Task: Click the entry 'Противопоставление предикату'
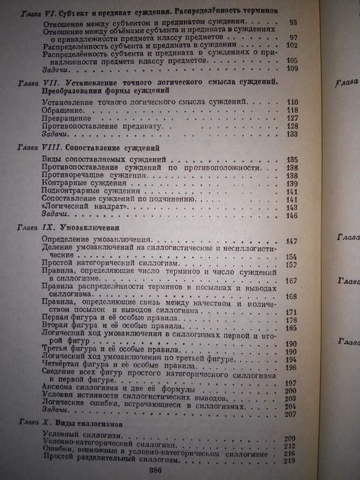pos(103,126)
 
